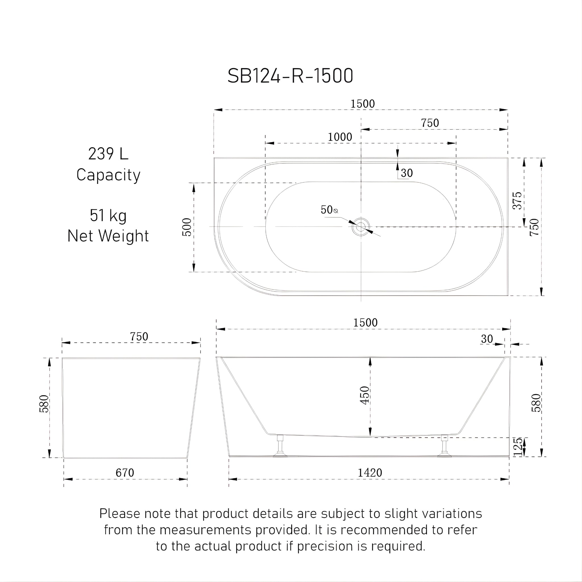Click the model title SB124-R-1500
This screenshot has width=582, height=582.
click(290, 76)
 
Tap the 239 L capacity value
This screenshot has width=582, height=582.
click(108, 154)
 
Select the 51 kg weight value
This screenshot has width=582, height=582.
click(108, 216)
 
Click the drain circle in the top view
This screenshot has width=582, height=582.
click(361, 226)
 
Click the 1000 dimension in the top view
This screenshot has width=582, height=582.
click(340, 137)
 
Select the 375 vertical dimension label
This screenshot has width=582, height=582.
click(517, 200)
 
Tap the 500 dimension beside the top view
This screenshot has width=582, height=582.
click(187, 227)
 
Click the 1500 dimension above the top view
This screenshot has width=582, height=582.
click(363, 104)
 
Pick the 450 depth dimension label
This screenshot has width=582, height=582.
click(365, 395)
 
